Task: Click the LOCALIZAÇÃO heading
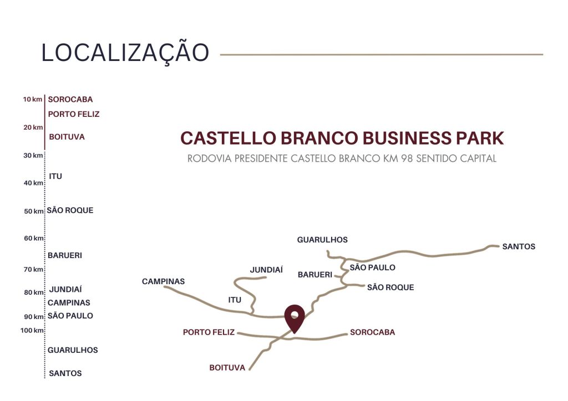[125, 53]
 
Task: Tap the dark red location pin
[295, 317]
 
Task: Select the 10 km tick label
[33, 100]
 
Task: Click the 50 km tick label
[33, 211]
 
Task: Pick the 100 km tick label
[32, 331]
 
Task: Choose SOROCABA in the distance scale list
[70, 100]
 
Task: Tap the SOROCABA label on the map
[372, 332]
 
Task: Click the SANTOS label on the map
[519, 246]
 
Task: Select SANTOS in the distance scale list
[65, 373]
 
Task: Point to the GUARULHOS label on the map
[322, 240]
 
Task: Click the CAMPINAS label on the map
[163, 281]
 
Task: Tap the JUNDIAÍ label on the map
[266, 270]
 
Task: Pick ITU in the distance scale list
[55, 176]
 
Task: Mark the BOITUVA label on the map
[227, 368]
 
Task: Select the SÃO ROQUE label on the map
[390, 287]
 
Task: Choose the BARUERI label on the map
[315, 275]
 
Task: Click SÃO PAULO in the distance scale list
[70, 316]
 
